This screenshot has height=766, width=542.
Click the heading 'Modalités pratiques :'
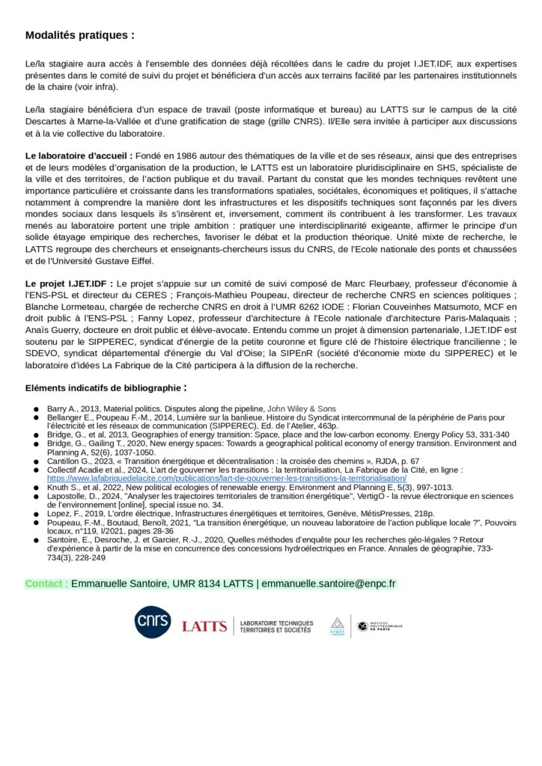(x=80, y=35)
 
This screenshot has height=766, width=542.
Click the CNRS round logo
(x=153, y=622)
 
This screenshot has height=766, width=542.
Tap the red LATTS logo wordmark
(x=204, y=626)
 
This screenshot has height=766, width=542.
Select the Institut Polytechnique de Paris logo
(x=379, y=625)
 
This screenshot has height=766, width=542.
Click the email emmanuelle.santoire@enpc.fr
(x=328, y=583)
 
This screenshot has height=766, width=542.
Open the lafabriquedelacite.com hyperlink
(x=227, y=477)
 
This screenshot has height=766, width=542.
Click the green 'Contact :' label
(x=46, y=583)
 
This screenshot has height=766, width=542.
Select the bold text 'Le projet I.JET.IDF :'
(x=70, y=284)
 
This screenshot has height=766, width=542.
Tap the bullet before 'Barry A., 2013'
(x=36, y=408)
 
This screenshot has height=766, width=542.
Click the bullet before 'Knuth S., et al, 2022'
(x=36, y=487)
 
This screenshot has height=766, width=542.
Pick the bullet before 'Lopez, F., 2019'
(x=36, y=514)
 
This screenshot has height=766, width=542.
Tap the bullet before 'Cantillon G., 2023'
(x=36, y=461)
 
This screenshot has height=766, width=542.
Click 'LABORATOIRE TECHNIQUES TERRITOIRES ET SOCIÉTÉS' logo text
(x=276, y=626)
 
